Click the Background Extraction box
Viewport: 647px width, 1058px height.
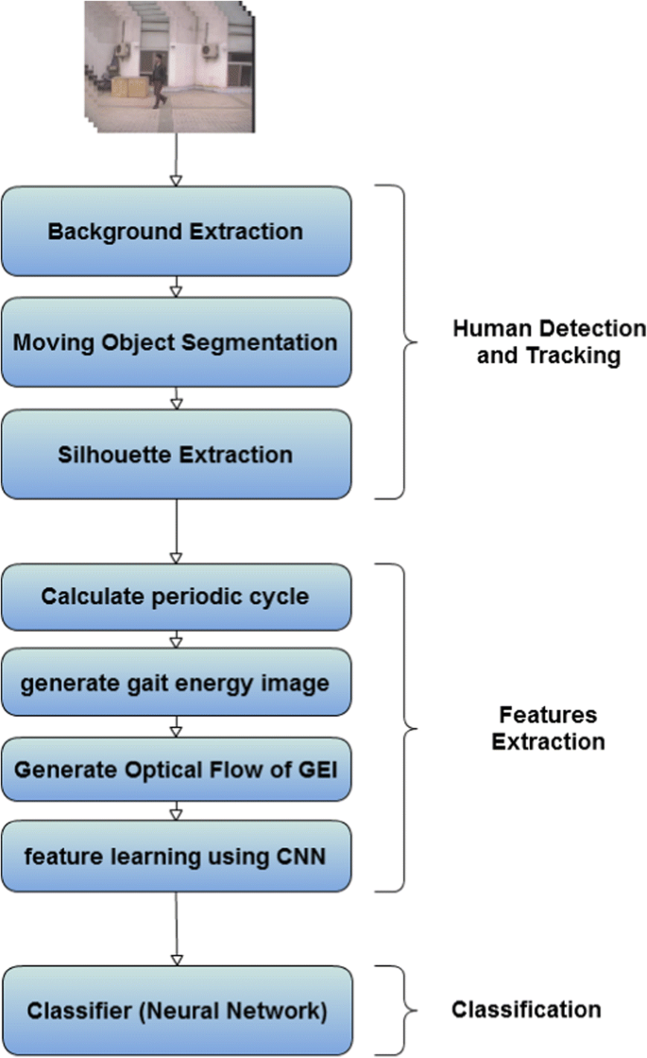(176, 231)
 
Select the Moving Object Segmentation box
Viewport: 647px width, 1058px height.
(176, 341)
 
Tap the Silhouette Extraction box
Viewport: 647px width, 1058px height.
(176, 454)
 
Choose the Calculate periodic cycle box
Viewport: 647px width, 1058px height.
(176, 597)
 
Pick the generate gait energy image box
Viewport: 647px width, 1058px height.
(176, 682)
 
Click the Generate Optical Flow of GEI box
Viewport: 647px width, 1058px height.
(176, 767)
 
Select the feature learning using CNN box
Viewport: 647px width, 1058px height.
(176, 856)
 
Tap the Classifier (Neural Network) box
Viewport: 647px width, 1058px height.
(176, 1011)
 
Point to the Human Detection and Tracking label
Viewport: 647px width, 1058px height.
(549, 342)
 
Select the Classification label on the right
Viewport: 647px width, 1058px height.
(526, 1010)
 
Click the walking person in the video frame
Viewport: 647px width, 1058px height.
(159, 81)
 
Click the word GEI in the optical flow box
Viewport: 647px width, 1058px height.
(316, 767)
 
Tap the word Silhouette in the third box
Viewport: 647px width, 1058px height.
(102, 454)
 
